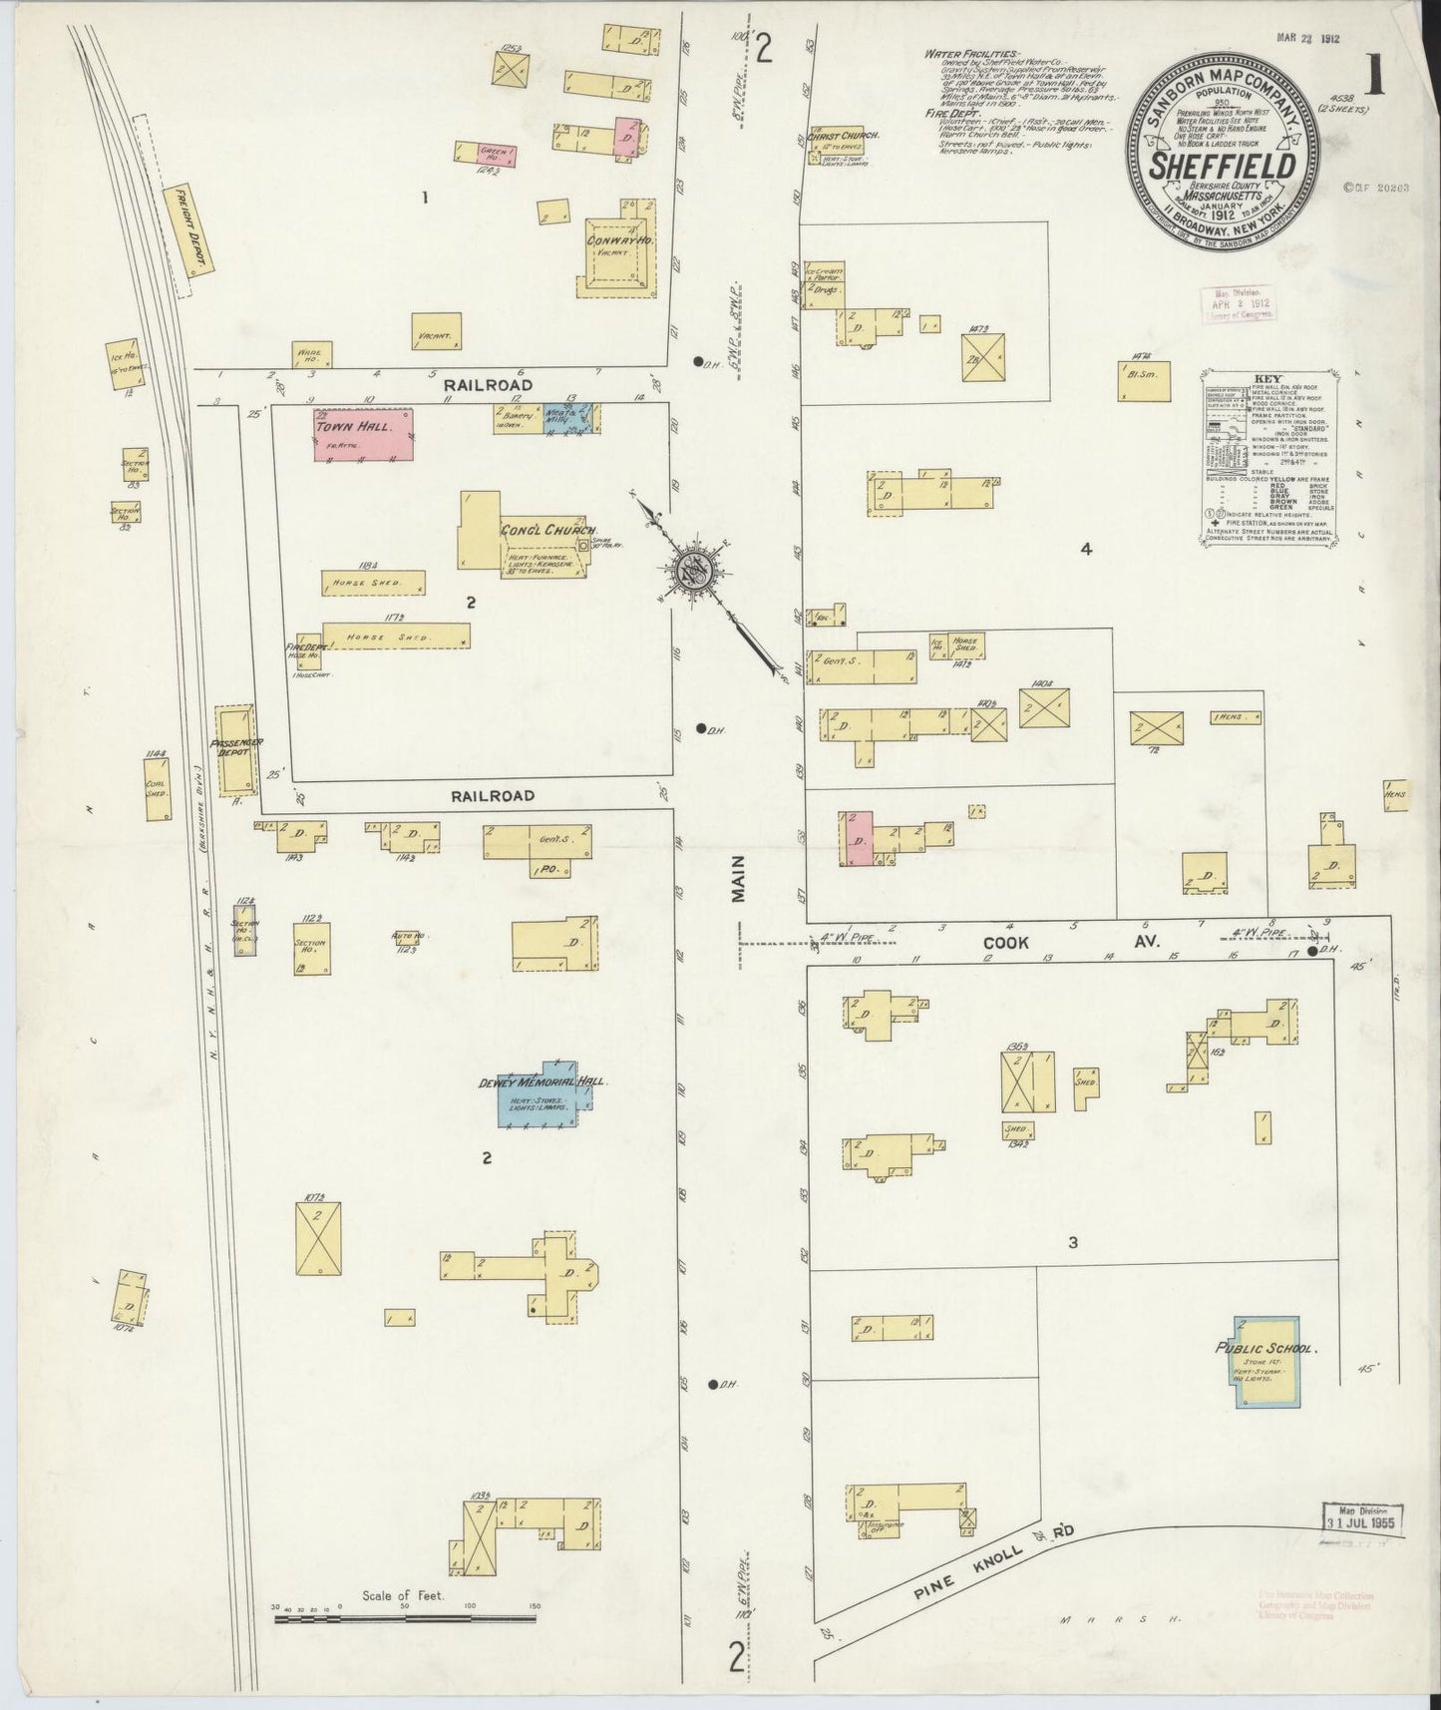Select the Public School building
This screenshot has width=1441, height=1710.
(1266, 1362)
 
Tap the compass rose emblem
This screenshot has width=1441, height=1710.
(691, 570)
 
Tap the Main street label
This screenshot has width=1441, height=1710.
(739, 884)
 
